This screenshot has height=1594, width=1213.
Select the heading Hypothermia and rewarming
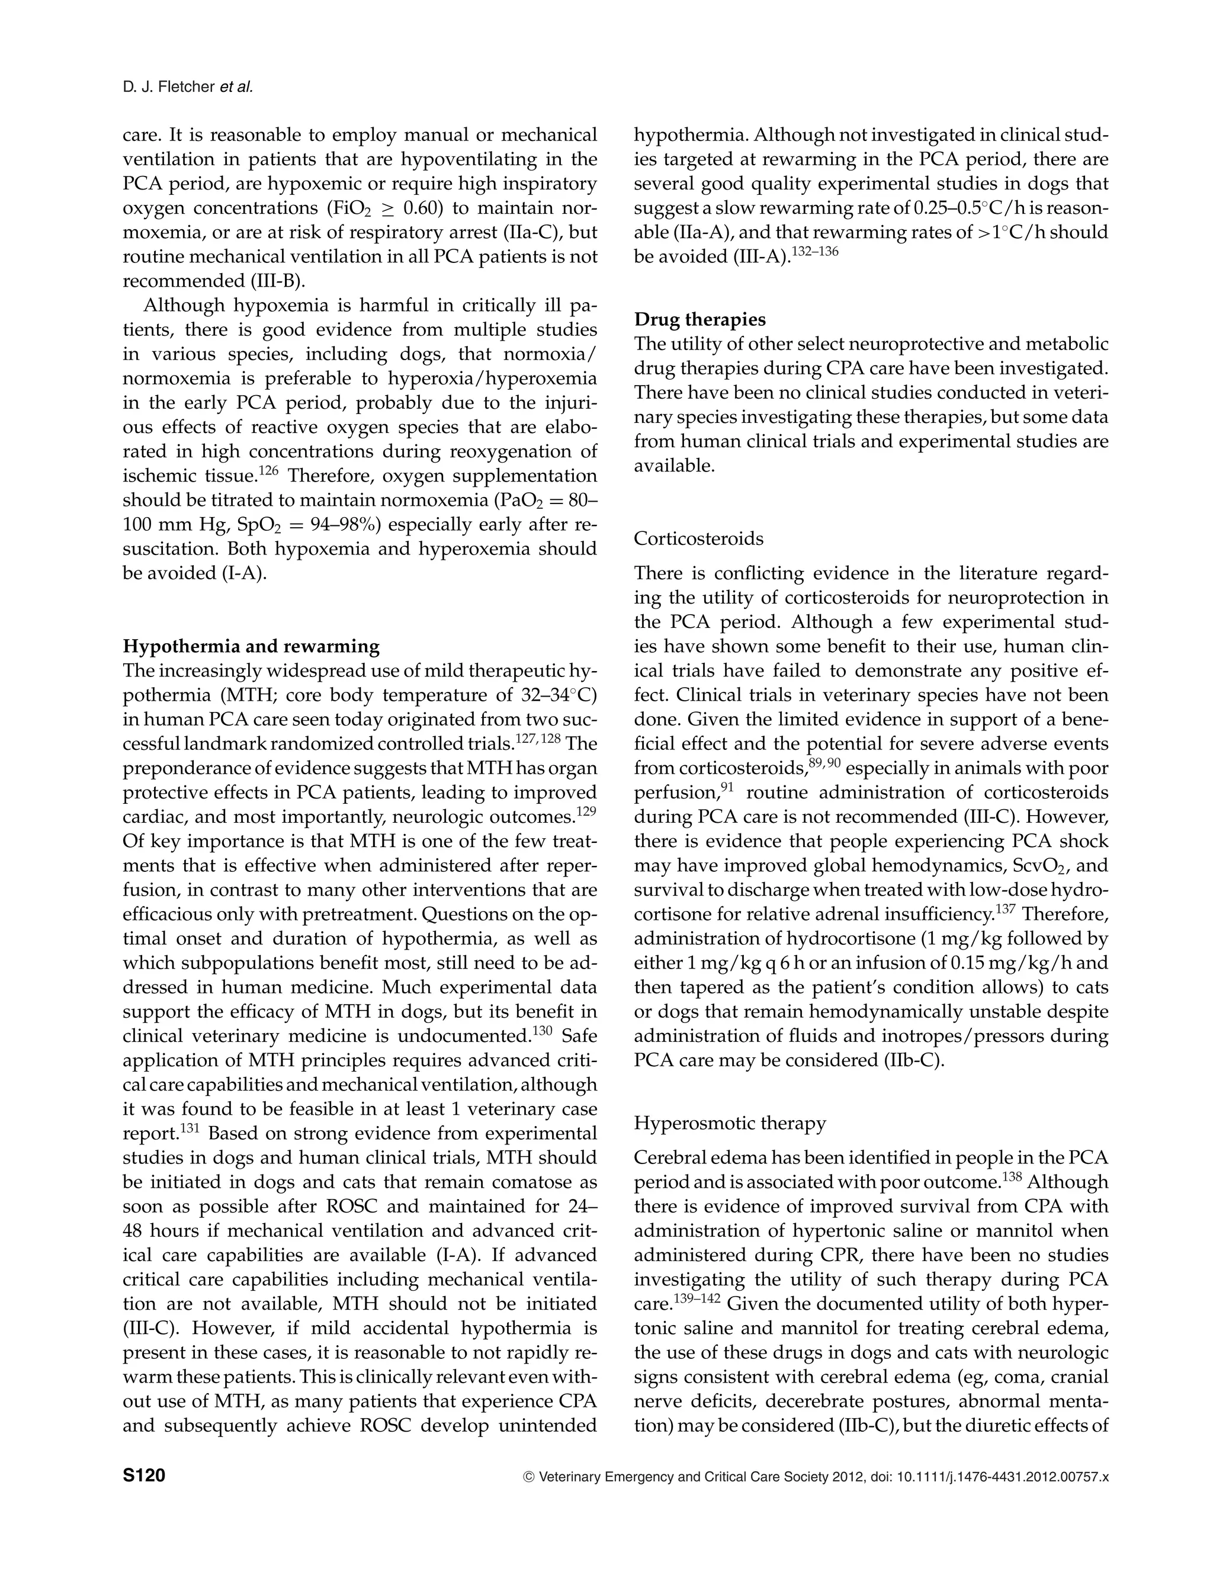pos(251,646)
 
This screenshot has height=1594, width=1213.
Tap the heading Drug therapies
pos(699,319)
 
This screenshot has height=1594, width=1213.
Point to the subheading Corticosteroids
pos(698,538)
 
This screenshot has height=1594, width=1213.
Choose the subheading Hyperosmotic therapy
pos(730,1123)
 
